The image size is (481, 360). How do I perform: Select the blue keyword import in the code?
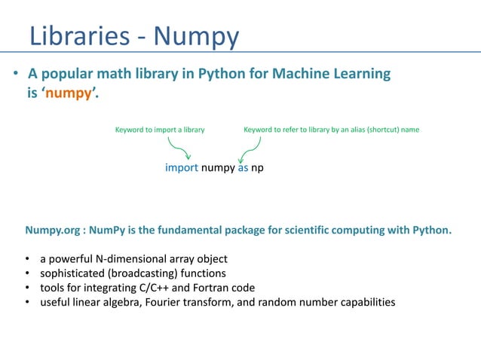[x=181, y=167]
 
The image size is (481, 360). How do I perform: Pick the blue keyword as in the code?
[x=243, y=167]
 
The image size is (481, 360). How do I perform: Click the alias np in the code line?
[x=258, y=167]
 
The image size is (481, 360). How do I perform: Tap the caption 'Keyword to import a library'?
[x=160, y=130]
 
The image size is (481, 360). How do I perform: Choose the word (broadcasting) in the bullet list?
[x=147, y=273]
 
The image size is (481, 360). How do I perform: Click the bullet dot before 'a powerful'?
[x=27, y=258]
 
